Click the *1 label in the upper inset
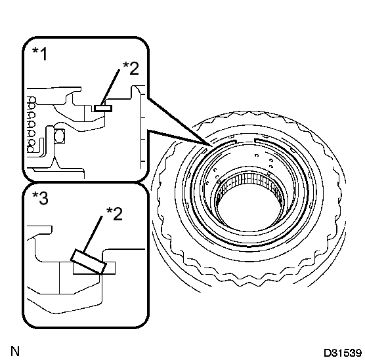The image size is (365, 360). click(40, 54)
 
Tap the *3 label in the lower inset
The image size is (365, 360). click(41, 198)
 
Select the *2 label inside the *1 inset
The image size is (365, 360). click(131, 68)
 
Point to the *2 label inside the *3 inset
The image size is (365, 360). click(114, 214)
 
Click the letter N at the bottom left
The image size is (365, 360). click(15, 351)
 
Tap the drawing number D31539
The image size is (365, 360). click(343, 353)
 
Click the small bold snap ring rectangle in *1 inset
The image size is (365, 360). click(103, 108)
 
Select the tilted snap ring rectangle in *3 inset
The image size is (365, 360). click(89, 262)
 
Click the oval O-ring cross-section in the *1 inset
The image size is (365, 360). click(60, 136)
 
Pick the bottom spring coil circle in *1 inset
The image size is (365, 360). click(30, 149)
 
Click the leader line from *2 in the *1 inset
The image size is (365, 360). click(110, 87)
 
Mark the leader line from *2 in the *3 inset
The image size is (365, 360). click(93, 234)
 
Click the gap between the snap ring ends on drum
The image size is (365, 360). click(246, 141)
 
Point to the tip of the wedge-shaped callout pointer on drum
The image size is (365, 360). click(212, 146)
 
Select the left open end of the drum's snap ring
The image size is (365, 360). click(236, 142)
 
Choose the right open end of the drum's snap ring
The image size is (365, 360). click(255, 140)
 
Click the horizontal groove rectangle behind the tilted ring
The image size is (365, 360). click(94, 268)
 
